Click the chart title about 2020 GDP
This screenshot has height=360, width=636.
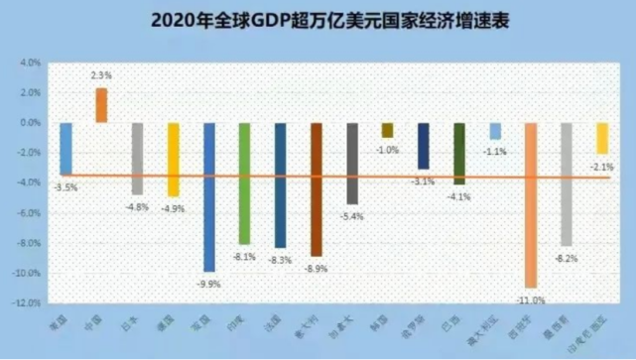pyautogui.click(x=318, y=19)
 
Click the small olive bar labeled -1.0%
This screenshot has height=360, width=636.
pyautogui.click(x=387, y=130)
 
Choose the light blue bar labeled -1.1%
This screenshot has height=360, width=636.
pyautogui.click(x=495, y=131)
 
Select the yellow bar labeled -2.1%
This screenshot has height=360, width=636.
pyautogui.click(x=602, y=138)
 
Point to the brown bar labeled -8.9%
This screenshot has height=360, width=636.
pyautogui.click(x=317, y=188)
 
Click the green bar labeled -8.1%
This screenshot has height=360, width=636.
pyautogui.click(x=245, y=182)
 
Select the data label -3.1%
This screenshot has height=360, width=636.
pyautogui.click(x=423, y=180)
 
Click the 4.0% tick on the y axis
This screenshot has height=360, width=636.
pyautogui.click(x=27, y=62)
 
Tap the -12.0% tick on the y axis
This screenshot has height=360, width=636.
pyautogui.click(x=25, y=302)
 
